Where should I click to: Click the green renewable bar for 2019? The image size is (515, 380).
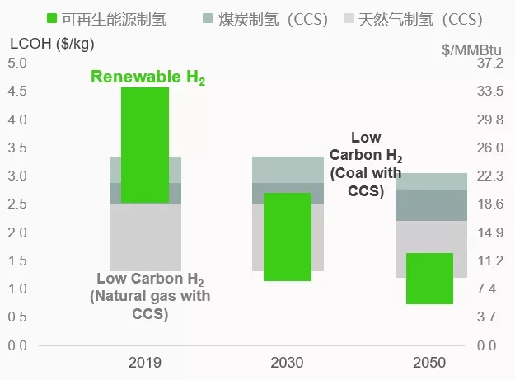[145, 144]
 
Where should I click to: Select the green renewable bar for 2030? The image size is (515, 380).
[288, 237]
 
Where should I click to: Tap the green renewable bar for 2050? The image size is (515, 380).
[429, 279]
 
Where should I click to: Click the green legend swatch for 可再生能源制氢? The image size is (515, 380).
[51, 19]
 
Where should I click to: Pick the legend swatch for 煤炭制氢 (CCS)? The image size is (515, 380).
[207, 19]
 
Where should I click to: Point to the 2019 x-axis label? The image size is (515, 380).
[145, 363]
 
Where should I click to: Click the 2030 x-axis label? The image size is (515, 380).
[287, 363]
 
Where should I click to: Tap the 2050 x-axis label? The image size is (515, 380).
[429, 363]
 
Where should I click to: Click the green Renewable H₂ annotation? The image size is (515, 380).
[147, 78]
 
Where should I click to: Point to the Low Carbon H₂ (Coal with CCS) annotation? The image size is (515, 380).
[365, 164]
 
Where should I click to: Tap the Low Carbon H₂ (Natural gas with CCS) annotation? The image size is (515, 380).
[149, 296]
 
